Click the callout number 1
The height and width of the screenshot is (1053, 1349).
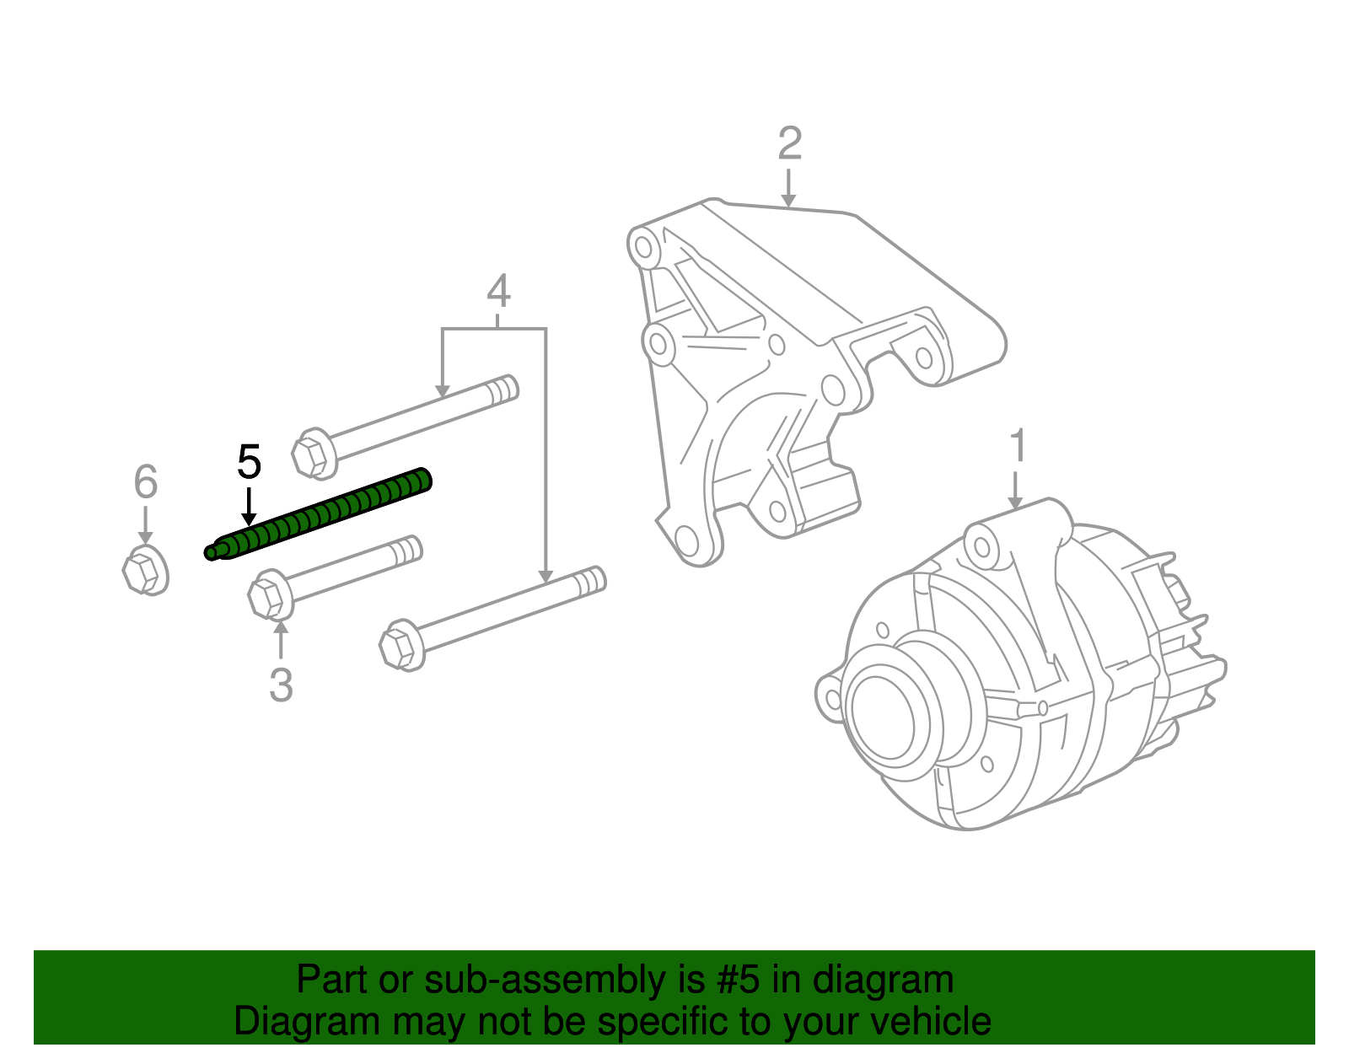[x=1018, y=446]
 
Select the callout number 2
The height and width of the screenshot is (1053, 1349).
[x=789, y=144]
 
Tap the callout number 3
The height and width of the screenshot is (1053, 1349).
[x=281, y=685]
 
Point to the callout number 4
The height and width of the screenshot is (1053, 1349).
[x=498, y=292]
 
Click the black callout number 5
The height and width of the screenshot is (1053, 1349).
[x=250, y=463]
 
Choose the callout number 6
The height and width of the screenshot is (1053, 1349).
[x=146, y=482]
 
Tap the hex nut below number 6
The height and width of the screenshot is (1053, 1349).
[x=144, y=571]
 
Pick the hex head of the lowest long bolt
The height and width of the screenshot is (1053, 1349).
[x=401, y=647]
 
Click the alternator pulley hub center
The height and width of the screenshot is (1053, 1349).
[x=882, y=708]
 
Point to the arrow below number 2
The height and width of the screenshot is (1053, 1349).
[x=788, y=187]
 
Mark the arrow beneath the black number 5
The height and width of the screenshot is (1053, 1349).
[x=248, y=508]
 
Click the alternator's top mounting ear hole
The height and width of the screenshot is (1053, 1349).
[x=982, y=545]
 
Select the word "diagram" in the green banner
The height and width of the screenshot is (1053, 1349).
[x=883, y=980]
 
